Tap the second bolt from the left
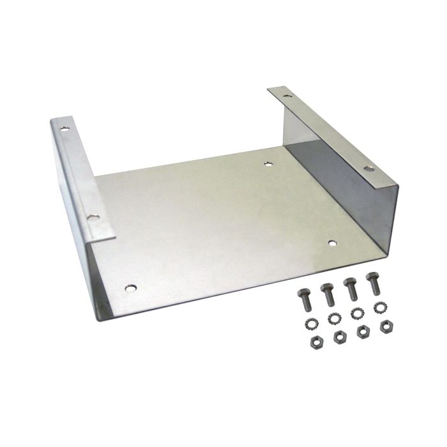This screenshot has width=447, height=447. (x=328, y=294)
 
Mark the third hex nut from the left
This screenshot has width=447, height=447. (x=363, y=330)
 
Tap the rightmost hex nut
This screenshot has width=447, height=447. (x=386, y=326)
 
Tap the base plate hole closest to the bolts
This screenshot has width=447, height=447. (x=332, y=242)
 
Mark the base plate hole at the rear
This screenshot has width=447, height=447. (x=268, y=164)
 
